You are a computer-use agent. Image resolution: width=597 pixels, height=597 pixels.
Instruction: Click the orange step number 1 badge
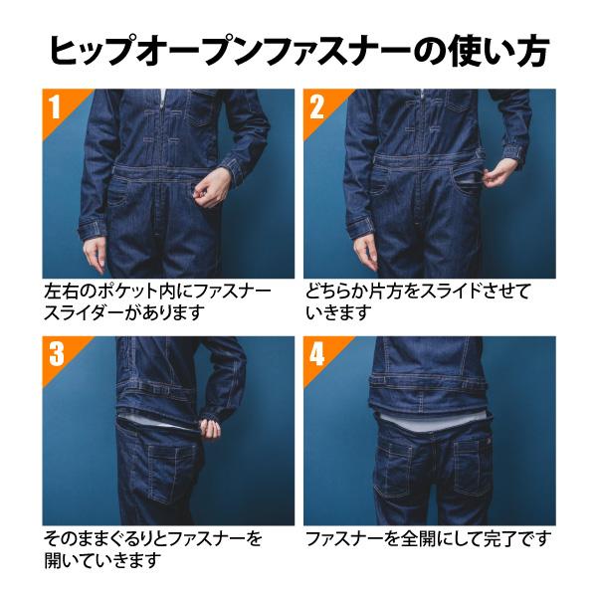pyautogui.click(x=57, y=105)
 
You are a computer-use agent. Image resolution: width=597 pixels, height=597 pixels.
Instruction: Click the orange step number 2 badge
pyautogui.click(x=317, y=105)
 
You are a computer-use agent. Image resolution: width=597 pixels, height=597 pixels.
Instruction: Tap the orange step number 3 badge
pyautogui.click(x=57, y=352)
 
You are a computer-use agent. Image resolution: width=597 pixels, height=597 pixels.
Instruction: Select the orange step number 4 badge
pyautogui.click(x=317, y=352)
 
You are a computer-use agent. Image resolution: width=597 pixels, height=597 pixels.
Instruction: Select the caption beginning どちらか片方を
pyautogui.click(x=418, y=301)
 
